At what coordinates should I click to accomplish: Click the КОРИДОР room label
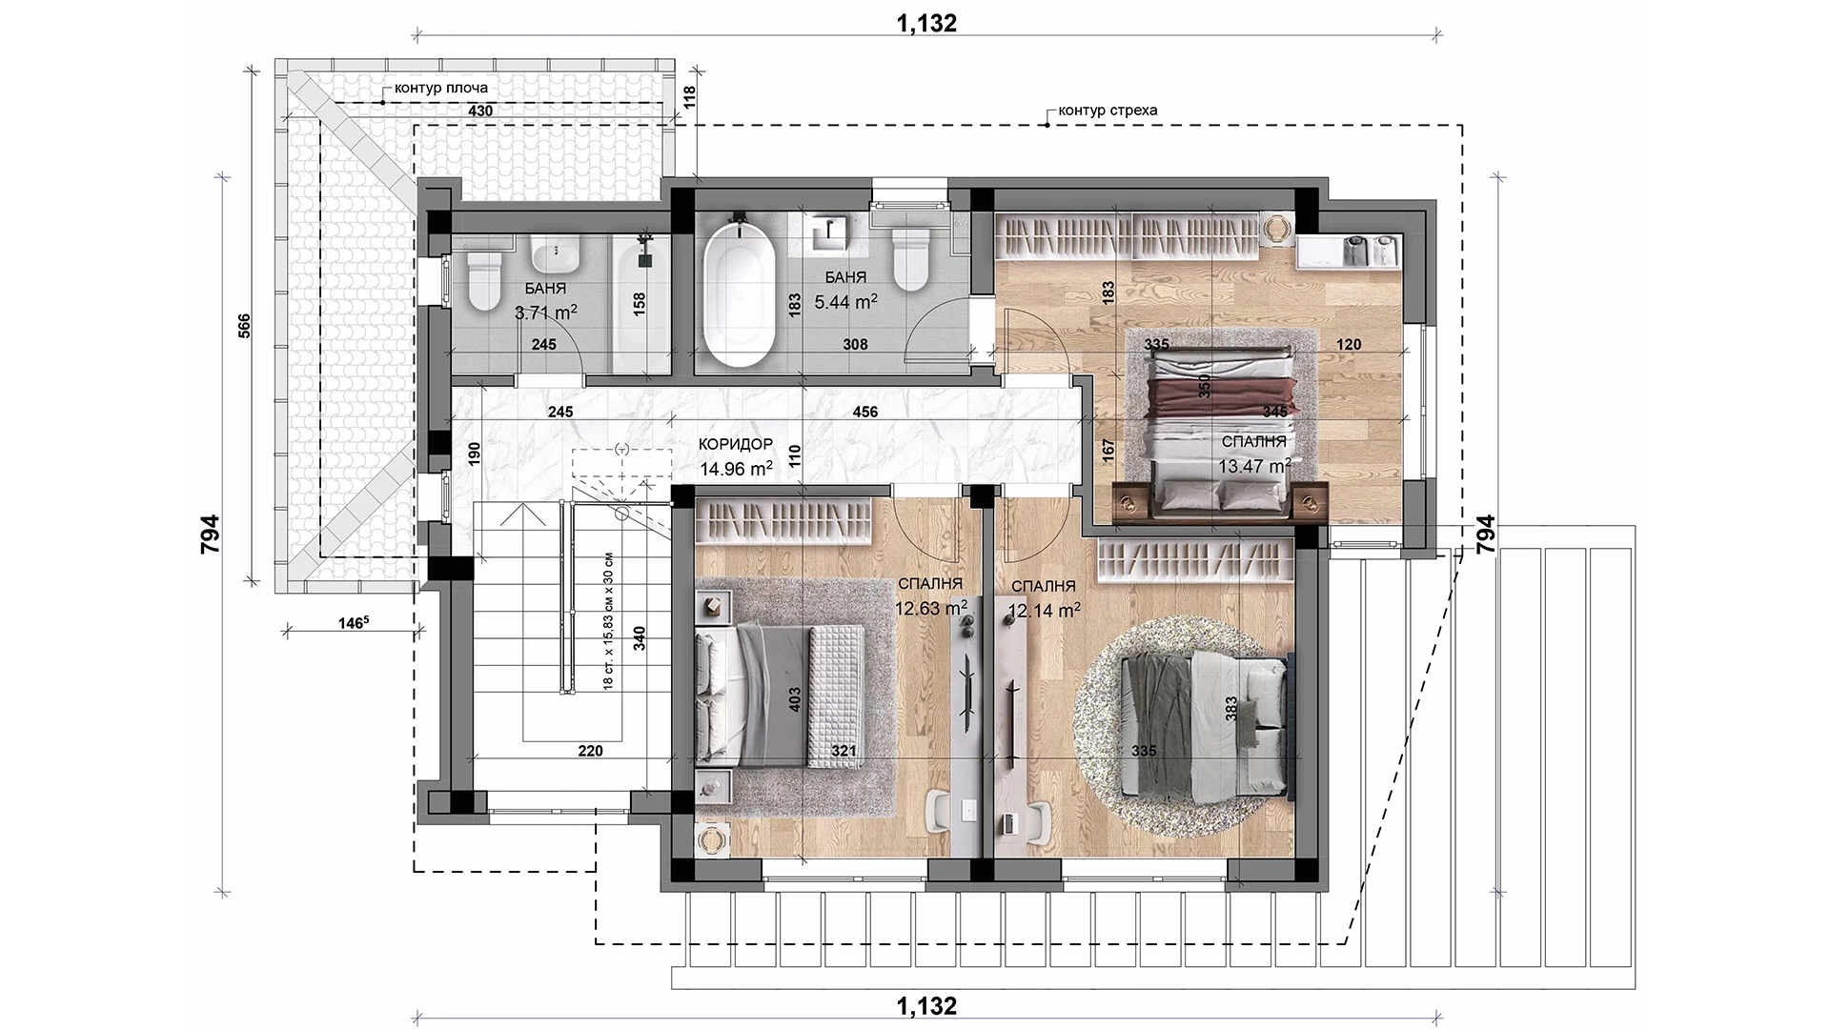pos(735,445)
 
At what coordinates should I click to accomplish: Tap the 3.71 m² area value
pos(546,312)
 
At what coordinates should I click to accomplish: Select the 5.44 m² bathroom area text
pos(845,301)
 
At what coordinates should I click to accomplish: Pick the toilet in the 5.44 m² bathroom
pos(911,258)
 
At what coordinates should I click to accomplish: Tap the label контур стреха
pos(1108,110)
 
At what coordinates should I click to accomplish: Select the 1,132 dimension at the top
pos(926,24)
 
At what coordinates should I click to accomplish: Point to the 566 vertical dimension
pos(244,328)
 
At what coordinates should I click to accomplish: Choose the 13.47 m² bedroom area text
pos(1254,466)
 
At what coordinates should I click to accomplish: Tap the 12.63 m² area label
pos(931,608)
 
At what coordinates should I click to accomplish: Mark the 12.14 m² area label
pos(1044,610)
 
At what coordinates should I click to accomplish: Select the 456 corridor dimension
pos(864,412)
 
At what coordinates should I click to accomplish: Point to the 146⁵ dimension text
pos(353,623)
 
